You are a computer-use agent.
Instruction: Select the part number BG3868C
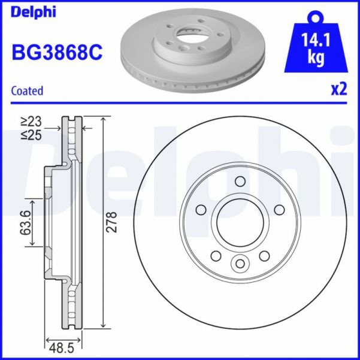click(57, 52)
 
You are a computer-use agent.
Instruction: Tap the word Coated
click(28, 91)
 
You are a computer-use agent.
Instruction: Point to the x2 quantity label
click(339, 90)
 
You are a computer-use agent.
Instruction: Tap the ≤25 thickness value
click(34, 135)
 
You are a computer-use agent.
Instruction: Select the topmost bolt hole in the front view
click(240, 181)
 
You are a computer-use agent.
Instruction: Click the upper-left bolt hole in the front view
click(201, 209)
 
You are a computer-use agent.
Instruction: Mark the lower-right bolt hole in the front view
click(264, 256)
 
